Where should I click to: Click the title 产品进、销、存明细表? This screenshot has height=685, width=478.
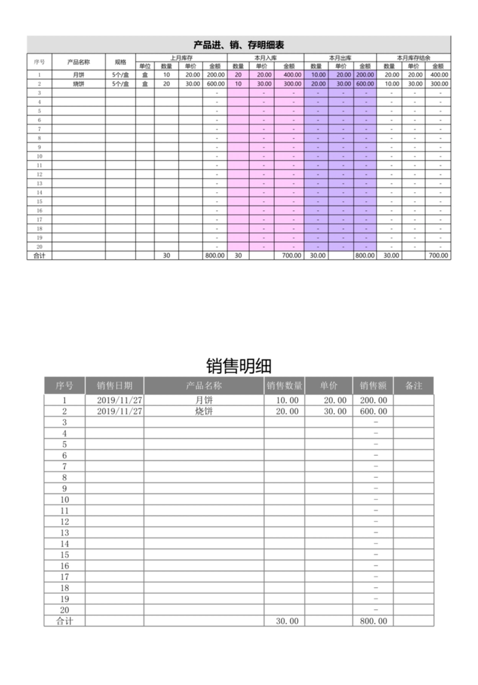pyautogui.click(x=238, y=44)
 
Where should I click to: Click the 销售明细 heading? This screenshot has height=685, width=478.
pyautogui.click(x=238, y=365)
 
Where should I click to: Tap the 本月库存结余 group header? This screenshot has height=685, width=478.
pyautogui.click(x=413, y=58)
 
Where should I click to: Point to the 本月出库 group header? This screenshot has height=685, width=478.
pyautogui.click(x=340, y=58)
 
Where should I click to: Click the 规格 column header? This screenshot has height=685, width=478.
pyautogui.click(x=120, y=62)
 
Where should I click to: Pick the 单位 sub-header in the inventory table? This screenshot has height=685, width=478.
pyautogui.click(x=145, y=66)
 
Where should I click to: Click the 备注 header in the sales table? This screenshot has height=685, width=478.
pyautogui.click(x=413, y=385)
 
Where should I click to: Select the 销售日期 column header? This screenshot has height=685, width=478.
pyautogui.click(x=114, y=385)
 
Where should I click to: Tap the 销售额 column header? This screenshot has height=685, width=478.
pyautogui.click(x=373, y=385)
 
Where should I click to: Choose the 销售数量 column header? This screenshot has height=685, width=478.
pyautogui.click(x=284, y=385)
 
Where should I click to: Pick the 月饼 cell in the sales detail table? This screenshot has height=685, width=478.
pyautogui.click(x=204, y=400)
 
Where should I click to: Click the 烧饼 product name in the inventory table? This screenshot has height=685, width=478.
pyautogui.click(x=78, y=84)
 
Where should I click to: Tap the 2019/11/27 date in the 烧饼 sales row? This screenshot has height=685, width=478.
pyautogui.click(x=119, y=411)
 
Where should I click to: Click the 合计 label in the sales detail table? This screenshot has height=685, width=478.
pyautogui.click(x=65, y=621)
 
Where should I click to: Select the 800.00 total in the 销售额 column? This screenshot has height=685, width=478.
pyautogui.click(x=373, y=621)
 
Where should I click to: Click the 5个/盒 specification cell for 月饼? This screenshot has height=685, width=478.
pyautogui.click(x=121, y=75)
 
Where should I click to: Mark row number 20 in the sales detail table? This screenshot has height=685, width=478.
pyautogui.click(x=65, y=610)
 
